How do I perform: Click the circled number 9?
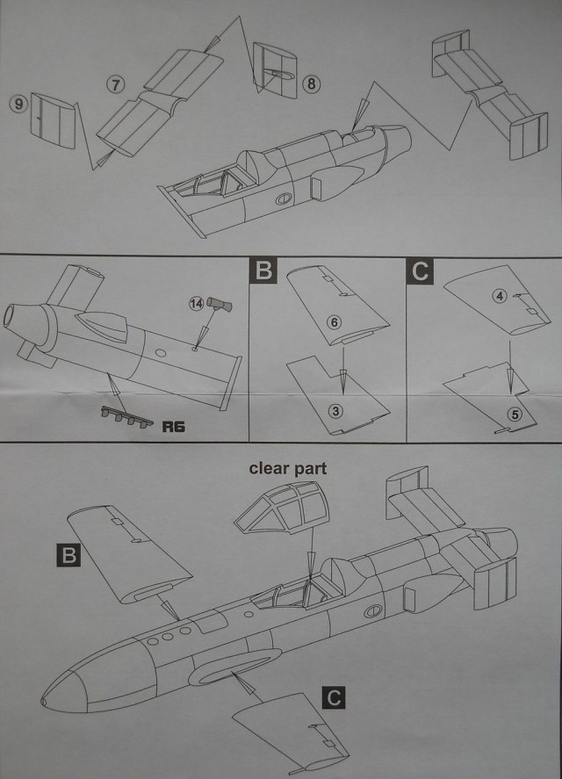[18, 102]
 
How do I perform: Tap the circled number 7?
[115, 84]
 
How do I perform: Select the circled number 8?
[312, 84]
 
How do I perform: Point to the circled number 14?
[196, 305]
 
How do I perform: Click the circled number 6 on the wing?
[334, 321]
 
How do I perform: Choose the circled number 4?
[500, 296]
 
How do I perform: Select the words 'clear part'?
[286, 468]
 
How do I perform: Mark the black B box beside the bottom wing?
[68, 553]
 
